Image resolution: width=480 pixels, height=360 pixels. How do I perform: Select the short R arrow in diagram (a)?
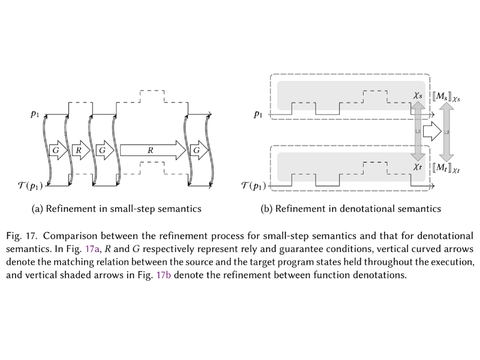[79, 149]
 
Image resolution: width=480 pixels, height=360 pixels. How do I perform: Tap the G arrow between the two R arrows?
[103, 149]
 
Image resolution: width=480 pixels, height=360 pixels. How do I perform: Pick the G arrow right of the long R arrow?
[196, 149]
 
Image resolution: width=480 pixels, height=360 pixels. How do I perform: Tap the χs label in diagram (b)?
[418, 95]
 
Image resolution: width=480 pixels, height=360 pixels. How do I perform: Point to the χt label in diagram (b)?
[418, 169]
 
